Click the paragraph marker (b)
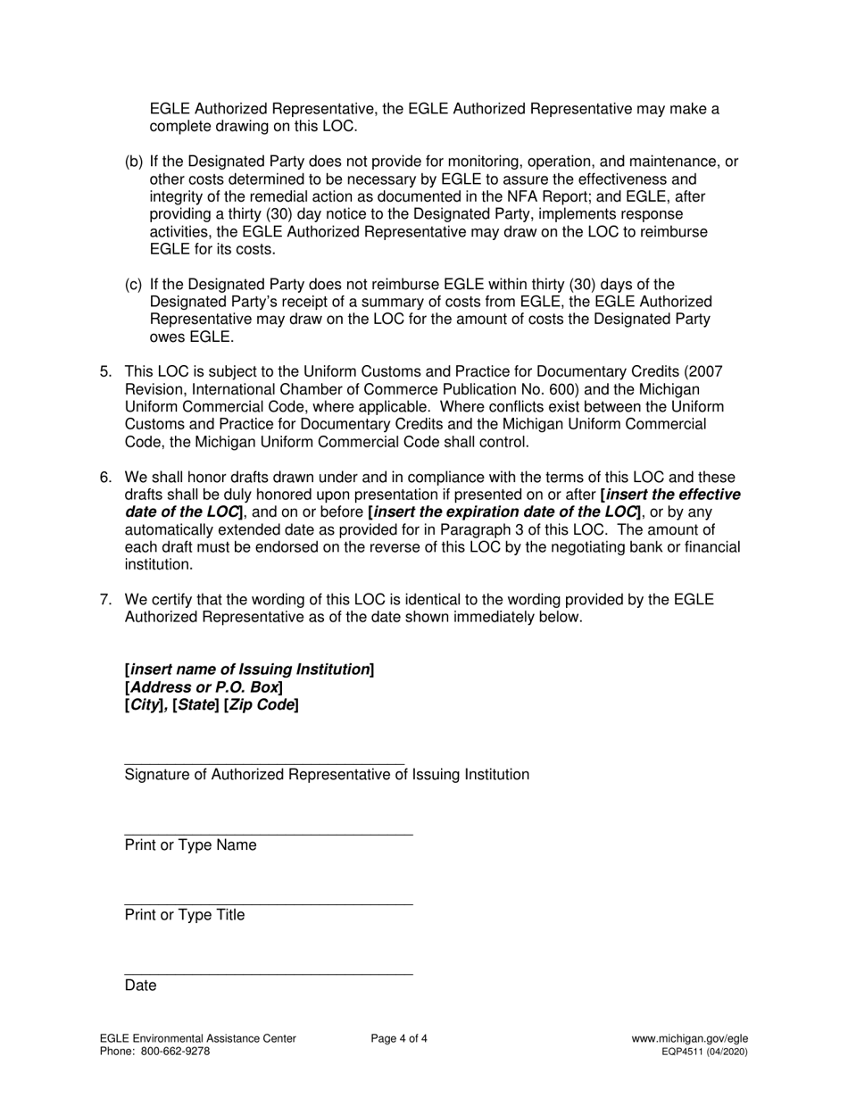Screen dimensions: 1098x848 133,162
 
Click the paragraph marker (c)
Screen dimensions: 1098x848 133,285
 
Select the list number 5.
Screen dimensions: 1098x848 105,372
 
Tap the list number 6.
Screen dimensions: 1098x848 105,478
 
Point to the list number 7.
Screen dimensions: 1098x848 105,600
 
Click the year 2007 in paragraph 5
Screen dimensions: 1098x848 706,372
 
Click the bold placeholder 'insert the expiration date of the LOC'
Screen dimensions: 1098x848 504,512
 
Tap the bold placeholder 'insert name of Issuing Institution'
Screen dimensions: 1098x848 250,670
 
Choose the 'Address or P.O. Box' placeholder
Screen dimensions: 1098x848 204,687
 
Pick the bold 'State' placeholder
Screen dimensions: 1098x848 195,705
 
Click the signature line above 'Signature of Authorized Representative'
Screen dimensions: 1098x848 264,764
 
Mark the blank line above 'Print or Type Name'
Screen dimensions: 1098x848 268,835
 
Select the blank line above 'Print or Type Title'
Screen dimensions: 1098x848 268,904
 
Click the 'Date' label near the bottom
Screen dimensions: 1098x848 140,986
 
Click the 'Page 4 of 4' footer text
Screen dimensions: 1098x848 399,1038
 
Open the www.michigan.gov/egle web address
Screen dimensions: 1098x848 689,1038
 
